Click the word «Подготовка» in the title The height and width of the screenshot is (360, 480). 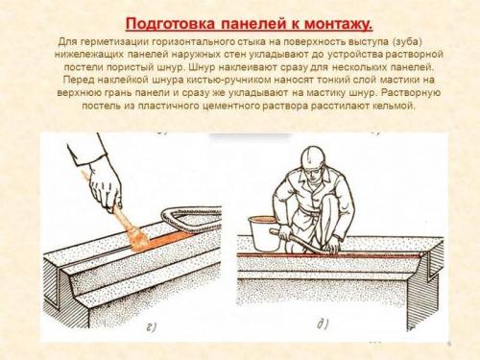[x=175, y=21]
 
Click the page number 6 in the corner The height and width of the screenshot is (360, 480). [x=449, y=343]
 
